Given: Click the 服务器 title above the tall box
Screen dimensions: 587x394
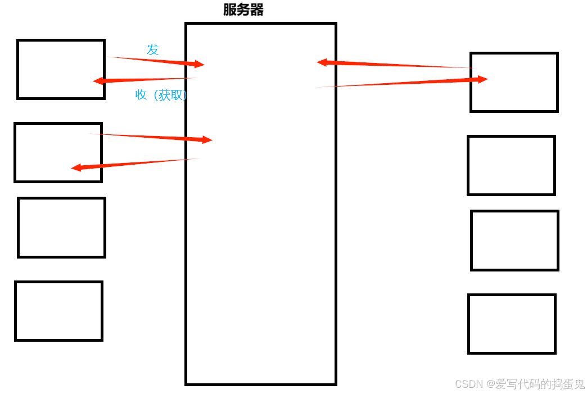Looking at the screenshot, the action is click(x=243, y=10).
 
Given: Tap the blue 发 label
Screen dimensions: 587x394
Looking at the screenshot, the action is click(x=153, y=49).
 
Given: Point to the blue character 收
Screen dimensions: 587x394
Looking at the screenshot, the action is click(x=141, y=95).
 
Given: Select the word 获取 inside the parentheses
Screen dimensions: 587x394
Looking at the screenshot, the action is click(x=171, y=95).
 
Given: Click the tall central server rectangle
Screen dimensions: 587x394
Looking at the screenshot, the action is click(x=261, y=236).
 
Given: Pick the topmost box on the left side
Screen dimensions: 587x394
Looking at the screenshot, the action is click(x=61, y=69).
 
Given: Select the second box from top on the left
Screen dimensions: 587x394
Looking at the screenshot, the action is click(x=58, y=152).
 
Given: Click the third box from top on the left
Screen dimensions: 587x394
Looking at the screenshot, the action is click(x=61, y=227).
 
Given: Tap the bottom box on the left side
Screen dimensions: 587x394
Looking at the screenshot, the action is click(x=58, y=311).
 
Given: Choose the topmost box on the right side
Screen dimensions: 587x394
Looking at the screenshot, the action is click(x=514, y=82).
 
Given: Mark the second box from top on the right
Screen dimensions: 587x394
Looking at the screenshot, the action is click(x=511, y=165).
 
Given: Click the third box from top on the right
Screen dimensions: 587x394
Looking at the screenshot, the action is click(x=514, y=240).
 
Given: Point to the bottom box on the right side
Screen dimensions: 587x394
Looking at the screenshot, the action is click(x=512, y=324).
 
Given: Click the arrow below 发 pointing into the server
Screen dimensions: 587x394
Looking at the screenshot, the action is click(x=157, y=61).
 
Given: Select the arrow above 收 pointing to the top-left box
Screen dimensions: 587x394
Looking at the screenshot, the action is click(x=146, y=79).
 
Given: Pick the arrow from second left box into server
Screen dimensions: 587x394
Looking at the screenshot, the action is click(x=152, y=137).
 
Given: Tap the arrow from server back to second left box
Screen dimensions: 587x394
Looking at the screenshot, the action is click(x=135, y=163).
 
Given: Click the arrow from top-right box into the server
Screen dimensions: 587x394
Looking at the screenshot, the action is click(x=394, y=65).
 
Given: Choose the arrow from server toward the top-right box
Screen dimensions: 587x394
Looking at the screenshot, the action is click(x=405, y=83).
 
